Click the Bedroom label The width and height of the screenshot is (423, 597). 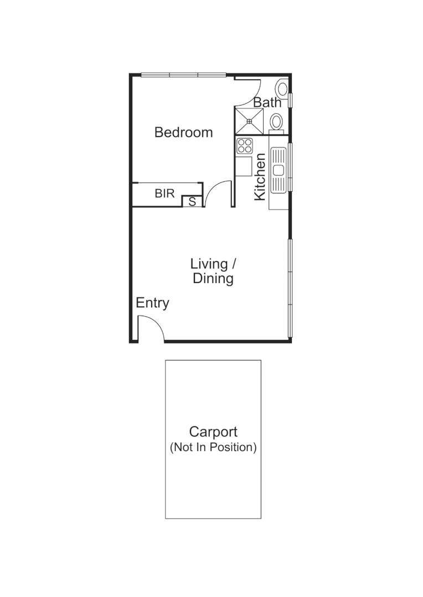coord(183,133)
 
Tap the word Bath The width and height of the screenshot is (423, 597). coord(267,102)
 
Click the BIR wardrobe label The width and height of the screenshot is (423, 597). coord(164,193)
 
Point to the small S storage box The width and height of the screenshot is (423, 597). coord(192,202)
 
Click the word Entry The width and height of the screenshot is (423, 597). coord(152,303)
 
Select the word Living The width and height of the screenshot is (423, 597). coord(209,264)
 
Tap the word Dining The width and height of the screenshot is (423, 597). coord(213,279)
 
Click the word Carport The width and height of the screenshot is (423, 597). coord(213,432)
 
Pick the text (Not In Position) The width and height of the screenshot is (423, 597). coord(213,448)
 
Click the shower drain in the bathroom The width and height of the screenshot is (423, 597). coord(249,122)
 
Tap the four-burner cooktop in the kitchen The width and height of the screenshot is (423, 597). coord(245,146)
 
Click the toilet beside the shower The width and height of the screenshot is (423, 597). coord(276,122)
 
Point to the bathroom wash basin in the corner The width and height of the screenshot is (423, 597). coord(282,88)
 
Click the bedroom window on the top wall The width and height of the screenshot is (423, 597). coord(183,75)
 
